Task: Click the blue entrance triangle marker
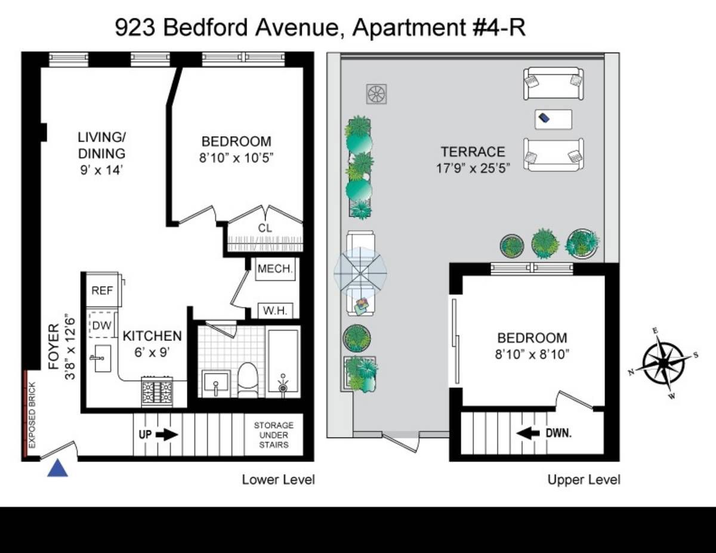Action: (57, 469)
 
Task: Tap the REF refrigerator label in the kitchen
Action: (102, 291)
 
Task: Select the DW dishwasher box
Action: (101, 325)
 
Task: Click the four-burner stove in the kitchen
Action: (157, 392)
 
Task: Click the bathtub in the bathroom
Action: (283, 362)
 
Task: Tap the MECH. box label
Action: (275, 269)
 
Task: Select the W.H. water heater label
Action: (275, 311)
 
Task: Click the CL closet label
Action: (265, 228)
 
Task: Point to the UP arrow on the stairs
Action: (166, 435)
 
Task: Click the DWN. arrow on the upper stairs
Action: (528, 434)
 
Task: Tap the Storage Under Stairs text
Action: (273, 435)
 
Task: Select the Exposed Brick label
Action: (32, 415)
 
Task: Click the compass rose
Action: (663, 363)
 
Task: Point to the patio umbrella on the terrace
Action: (360, 273)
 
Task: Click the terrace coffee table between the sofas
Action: (553, 119)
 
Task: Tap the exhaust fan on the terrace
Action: (376, 94)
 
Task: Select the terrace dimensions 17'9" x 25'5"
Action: (473, 169)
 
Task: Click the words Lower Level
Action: (279, 480)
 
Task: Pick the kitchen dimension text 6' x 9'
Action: (152, 353)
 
